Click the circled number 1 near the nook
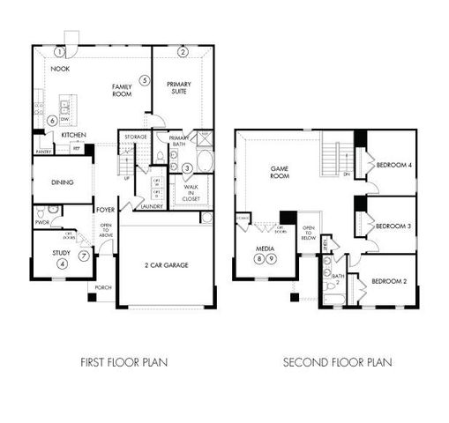pos(59,51)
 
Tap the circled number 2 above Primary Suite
pos(183,52)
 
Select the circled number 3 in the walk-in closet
pos(188,167)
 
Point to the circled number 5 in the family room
pos(144,80)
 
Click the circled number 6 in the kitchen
pos(53,120)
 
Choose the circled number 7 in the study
pos(85,256)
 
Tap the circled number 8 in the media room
pos(259,258)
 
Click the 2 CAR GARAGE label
pos(166,264)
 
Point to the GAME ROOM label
pos(280,171)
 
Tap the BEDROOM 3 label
pos(393,226)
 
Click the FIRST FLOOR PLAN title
pos(124,361)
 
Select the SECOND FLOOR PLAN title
pos(338,361)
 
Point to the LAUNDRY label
pos(150,206)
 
